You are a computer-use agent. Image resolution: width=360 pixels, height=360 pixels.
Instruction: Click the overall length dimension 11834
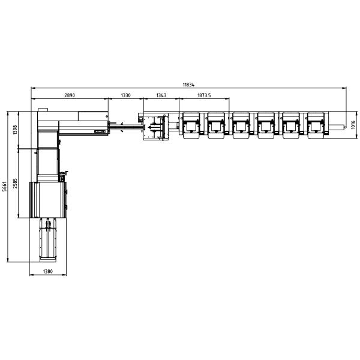(188, 85)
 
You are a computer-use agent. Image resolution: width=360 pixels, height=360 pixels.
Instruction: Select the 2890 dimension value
(70, 95)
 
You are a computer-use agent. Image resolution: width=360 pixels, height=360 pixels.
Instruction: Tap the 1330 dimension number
(125, 95)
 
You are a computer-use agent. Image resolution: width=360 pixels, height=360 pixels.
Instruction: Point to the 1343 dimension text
(161, 95)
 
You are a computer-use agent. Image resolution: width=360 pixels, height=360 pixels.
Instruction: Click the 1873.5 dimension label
(204, 95)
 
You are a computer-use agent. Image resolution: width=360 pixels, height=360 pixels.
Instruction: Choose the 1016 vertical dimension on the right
(353, 125)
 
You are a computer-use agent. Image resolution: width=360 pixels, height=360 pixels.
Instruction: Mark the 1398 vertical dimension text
(15, 130)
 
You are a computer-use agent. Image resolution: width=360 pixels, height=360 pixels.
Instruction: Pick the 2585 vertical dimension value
(15, 183)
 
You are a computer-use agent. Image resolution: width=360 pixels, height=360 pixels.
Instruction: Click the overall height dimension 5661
(4, 187)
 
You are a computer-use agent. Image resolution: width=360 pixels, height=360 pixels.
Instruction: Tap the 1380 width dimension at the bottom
(48, 271)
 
